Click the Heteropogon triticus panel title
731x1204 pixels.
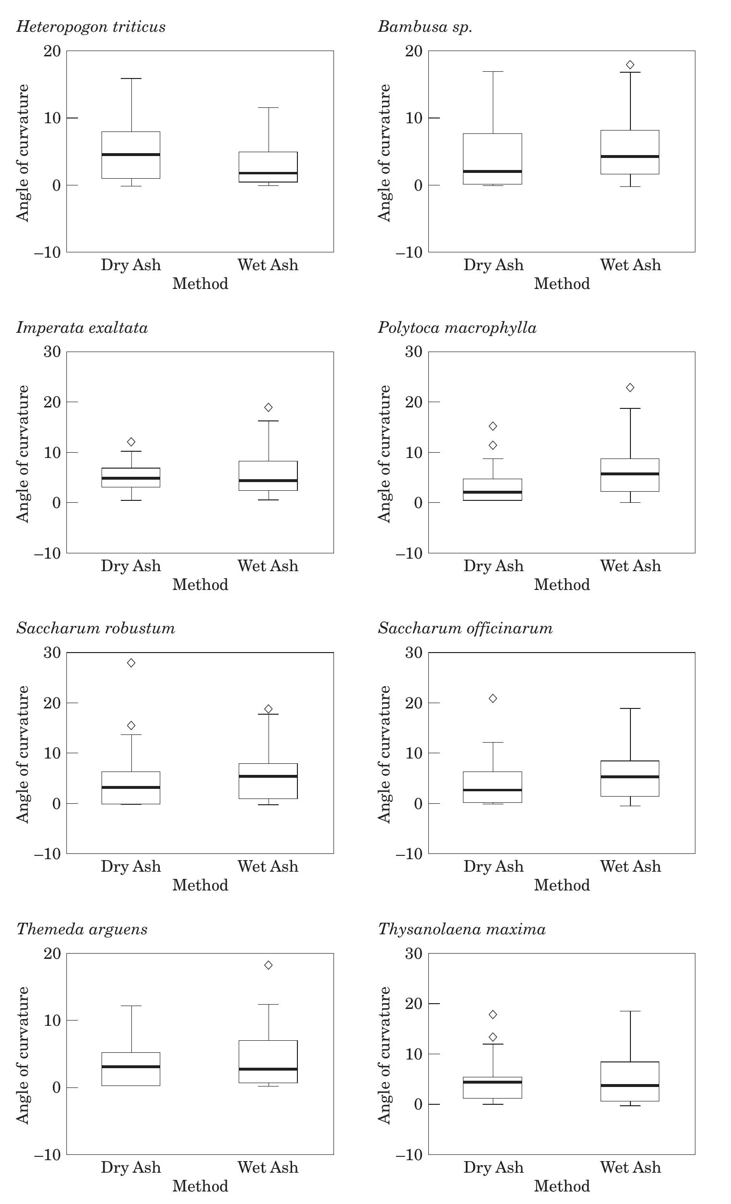(x=91, y=26)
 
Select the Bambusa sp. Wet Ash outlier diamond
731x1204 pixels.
(x=630, y=65)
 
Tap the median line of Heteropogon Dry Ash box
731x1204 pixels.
(x=131, y=155)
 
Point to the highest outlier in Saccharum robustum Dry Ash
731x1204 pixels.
(x=131, y=663)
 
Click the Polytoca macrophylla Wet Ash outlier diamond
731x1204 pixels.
(x=630, y=388)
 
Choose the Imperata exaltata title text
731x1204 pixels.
(x=82, y=327)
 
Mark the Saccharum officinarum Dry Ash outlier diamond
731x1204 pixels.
(x=493, y=698)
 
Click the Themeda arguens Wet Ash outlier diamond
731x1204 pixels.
(x=268, y=965)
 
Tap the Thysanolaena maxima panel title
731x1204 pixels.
(x=462, y=929)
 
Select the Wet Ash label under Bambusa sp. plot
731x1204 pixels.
(x=630, y=265)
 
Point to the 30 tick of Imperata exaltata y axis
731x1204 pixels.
(x=52, y=352)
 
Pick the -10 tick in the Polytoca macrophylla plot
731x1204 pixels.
(x=408, y=554)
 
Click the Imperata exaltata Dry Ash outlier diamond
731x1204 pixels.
(x=131, y=442)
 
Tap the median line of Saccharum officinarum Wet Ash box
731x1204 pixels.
(x=630, y=776)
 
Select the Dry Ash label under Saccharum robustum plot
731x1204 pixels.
(x=131, y=866)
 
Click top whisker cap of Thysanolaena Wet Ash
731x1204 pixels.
(x=630, y=1011)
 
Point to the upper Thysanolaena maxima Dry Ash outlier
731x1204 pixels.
(x=493, y=1014)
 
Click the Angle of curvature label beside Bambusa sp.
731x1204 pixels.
(x=385, y=153)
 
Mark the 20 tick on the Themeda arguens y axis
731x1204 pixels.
(x=52, y=954)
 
